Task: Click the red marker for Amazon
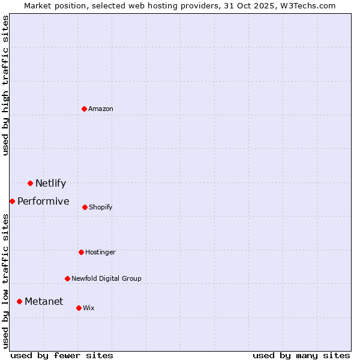[x=85, y=109]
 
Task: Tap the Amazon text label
[x=101, y=109]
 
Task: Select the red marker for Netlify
[x=30, y=183]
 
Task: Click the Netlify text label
[x=50, y=184]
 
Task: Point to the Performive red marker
[x=12, y=201]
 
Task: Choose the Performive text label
[x=43, y=202]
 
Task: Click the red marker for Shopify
[x=85, y=207]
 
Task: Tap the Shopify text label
[x=101, y=208]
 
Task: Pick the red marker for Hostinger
[x=81, y=252]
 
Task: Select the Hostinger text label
[x=100, y=253]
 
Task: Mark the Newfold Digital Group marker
[x=67, y=278]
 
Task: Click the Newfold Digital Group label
[x=106, y=279]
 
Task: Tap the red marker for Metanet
[x=19, y=301]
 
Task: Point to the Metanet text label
[x=44, y=302]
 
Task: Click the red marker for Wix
[x=79, y=308]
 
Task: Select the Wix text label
[x=89, y=308]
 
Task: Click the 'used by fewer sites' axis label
[x=62, y=356]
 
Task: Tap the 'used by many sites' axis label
[x=301, y=356]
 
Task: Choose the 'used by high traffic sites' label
[x=6, y=85]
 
